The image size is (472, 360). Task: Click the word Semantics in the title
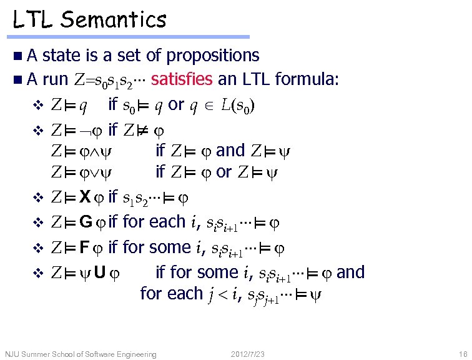coord(114,20)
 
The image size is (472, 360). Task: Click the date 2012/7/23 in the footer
coord(248,354)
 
